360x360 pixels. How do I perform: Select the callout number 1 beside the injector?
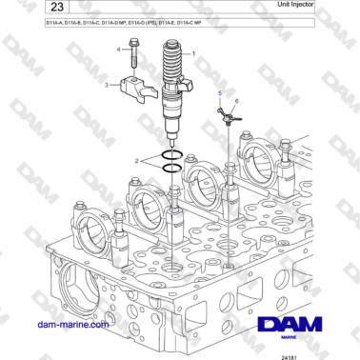194,54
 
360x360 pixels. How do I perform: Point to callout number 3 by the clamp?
107,85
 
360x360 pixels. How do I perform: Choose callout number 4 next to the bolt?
120,48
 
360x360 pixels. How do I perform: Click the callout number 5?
218,92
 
